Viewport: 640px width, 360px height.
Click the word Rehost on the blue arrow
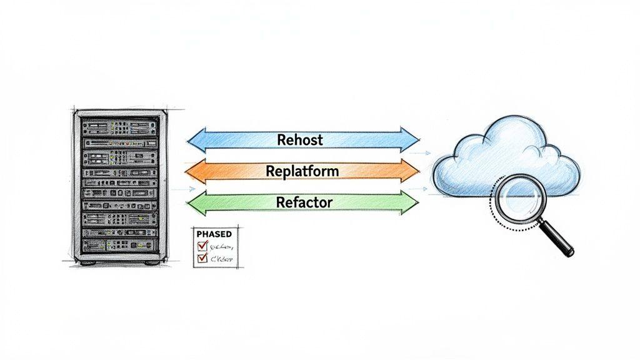coord(299,139)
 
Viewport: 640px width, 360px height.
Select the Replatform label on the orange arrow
coord(302,170)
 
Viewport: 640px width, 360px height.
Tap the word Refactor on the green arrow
coord(304,202)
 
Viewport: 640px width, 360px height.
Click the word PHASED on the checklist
coord(214,234)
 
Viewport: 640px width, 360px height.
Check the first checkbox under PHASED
coord(202,246)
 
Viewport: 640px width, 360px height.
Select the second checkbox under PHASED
coord(202,257)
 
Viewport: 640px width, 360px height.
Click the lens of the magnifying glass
coord(518,199)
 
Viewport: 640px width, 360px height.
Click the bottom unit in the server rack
coord(119,246)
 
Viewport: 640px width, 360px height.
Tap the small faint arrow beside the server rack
coord(182,189)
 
